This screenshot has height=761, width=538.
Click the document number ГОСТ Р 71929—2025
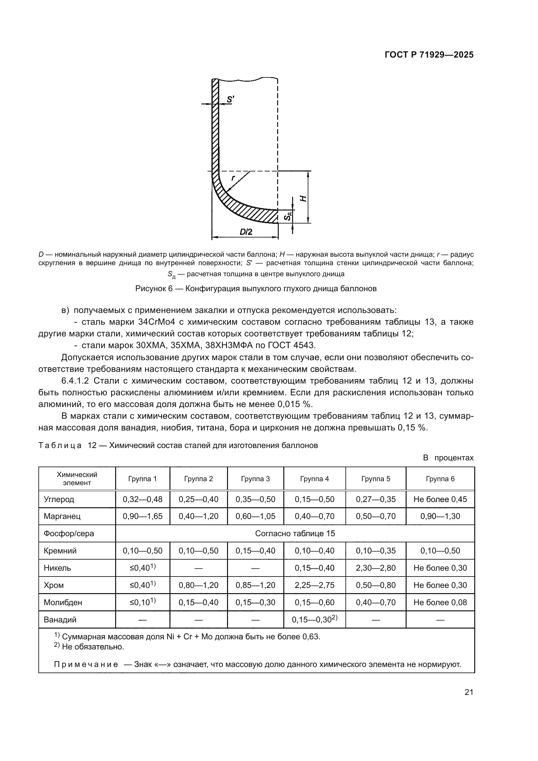point(429,55)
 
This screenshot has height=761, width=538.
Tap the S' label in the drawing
point(230,99)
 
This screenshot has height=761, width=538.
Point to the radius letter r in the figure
point(233,178)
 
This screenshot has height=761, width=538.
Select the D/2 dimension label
point(246,232)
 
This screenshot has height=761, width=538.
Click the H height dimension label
point(303,198)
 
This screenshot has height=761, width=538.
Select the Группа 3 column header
point(255,479)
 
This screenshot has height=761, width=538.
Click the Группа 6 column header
point(440,479)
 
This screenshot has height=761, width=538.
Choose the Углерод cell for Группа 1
point(142,499)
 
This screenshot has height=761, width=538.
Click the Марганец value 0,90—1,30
point(440,516)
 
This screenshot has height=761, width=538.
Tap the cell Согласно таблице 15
point(295,533)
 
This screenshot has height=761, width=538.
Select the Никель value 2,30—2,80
point(376,568)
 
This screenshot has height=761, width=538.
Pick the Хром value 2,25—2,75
point(315,585)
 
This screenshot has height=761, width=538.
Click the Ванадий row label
point(60,619)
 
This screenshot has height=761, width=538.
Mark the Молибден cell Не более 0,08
point(440,602)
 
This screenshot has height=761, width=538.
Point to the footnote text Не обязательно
point(93,647)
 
